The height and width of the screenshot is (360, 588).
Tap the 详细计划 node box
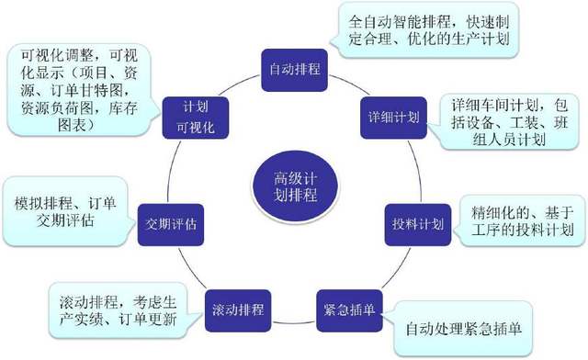point(388,117)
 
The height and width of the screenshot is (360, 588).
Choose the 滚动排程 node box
point(236,304)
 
